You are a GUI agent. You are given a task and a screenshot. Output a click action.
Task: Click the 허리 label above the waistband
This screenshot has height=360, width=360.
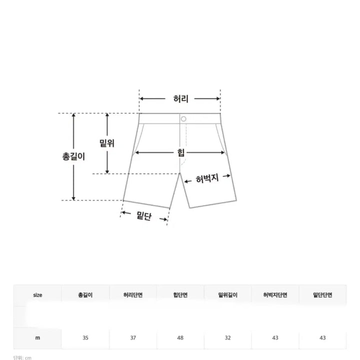[x=180, y=98]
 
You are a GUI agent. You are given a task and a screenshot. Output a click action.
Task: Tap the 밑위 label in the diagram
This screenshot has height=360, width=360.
[x=107, y=143]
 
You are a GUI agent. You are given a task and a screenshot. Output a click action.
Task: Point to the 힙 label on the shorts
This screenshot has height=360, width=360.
[x=180, y=153]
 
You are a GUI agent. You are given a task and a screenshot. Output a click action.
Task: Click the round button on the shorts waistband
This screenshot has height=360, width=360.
[x=183, y=118]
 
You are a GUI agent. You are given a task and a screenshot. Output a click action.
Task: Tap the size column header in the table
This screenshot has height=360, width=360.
[x=37, y=295]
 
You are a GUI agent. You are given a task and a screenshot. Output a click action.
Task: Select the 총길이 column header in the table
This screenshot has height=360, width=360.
[x=85, y=295]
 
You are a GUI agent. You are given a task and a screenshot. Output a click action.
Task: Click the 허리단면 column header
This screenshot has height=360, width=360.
[x=133, y=295]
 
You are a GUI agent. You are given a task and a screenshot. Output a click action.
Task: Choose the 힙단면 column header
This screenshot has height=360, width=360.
[x=180, y=295]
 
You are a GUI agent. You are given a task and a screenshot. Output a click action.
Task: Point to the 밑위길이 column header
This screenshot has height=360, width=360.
[x=228, y=295]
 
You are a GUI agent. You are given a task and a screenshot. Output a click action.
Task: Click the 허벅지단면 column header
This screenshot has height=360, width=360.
[x=275, y=295]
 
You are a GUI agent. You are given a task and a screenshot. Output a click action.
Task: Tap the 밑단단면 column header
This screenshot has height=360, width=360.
[x=322, y=295]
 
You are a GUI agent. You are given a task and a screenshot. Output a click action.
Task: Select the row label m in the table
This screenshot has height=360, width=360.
[x=37, y=338]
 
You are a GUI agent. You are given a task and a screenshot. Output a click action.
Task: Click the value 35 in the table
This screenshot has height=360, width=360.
[x=85, y=338]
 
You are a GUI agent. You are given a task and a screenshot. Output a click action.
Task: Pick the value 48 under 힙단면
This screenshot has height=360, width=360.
[x=180, y=338]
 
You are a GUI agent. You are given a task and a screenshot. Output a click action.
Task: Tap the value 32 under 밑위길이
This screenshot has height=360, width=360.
[x=228, y=338]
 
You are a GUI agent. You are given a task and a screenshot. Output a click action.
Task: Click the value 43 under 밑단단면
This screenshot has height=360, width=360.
[x=322, y=338]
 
